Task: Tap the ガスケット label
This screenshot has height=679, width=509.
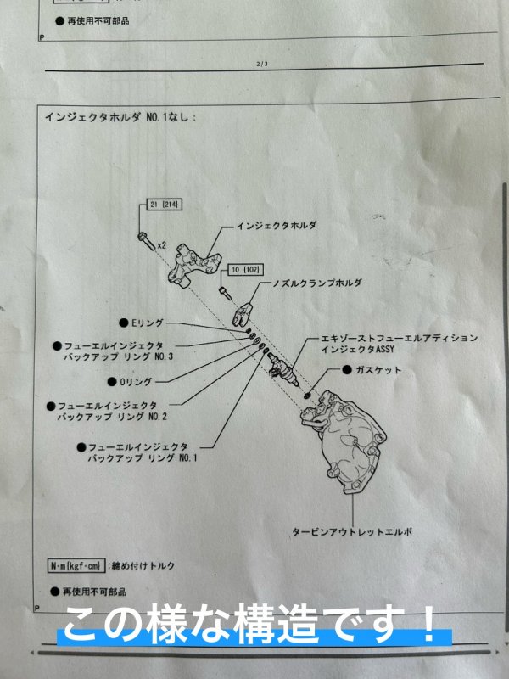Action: tap(379, 371)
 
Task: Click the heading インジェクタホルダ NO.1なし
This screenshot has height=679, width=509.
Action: tap(119, 117)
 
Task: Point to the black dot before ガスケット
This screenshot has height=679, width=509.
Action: tap(348, 371)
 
